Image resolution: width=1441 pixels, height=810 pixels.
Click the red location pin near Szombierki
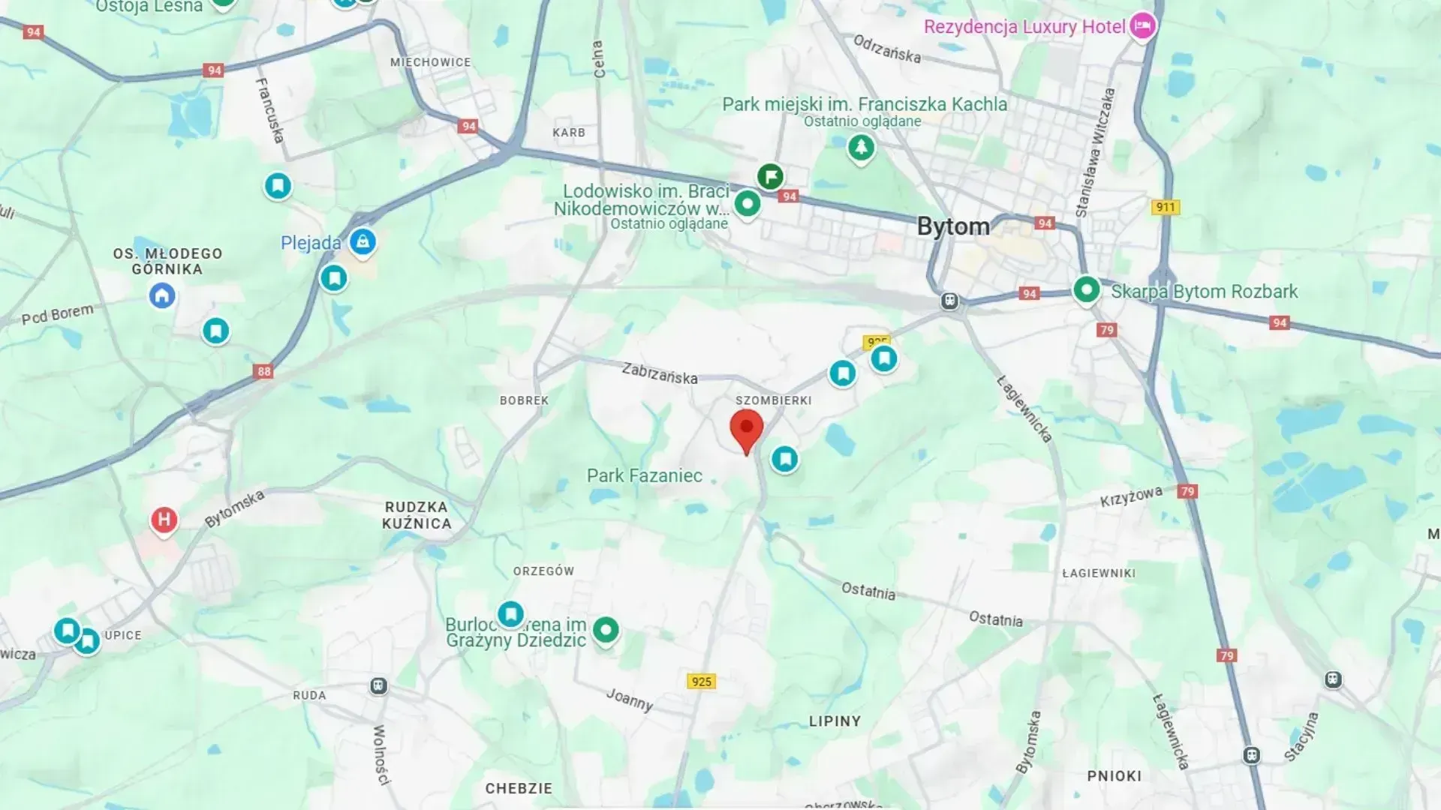[x=746, y=430]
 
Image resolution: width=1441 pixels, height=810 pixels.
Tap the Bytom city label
[x=953, y=226]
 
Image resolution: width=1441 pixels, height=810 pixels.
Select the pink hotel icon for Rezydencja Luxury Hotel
[x=1142, y=26]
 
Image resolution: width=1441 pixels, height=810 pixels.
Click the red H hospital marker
[x=164, y=520]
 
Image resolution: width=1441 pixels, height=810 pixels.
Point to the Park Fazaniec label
[x=644, y=475]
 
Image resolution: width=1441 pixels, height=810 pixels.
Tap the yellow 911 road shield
[x=1165, y=207]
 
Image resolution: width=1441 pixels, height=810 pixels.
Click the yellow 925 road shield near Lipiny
[x=701, y=681]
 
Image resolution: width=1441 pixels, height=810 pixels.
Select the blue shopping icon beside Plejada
[x=363, y=241]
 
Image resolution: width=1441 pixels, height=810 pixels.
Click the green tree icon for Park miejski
[x=861, y=147]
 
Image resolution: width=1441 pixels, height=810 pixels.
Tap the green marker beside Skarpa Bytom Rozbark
[x=1086, y=289]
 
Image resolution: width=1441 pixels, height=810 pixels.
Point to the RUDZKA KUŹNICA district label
[x=417, y=515]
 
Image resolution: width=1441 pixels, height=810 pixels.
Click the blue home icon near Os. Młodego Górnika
[x=162, y=295]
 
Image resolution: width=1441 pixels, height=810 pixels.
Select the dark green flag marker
[x=770, y=177]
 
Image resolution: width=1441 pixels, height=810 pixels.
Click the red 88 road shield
[x=263, y=371]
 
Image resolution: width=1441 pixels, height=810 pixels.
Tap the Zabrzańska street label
[x=659, y=373]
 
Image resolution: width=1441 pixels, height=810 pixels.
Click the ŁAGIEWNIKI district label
[x=1099, y=573]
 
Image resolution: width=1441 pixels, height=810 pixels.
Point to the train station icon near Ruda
[x=379, y=685]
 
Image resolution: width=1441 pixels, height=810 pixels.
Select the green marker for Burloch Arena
[x=606, y=629]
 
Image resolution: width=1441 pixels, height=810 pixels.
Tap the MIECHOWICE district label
[x=430, y=62]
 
